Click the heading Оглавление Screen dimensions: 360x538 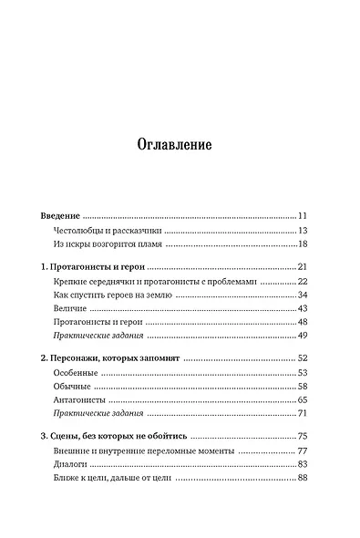(180, 143)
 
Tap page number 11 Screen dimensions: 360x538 (305, 215)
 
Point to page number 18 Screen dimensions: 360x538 (305, 244)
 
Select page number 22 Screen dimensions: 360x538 (305, 282)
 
